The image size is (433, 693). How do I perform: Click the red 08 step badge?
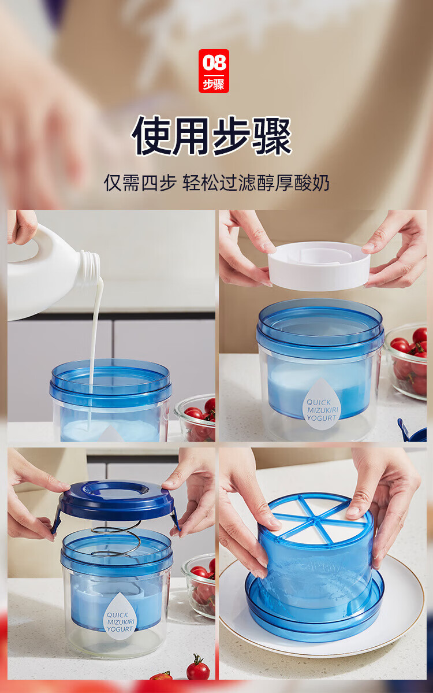point(214,71)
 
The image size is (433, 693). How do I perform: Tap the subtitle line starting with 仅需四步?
point(216,183)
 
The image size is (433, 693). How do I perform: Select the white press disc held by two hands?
point(319,265)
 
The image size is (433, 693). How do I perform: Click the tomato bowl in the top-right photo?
point(408,361)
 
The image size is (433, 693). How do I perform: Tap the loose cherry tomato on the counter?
point(198,669)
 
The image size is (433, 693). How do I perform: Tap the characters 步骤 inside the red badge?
point(214,84)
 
